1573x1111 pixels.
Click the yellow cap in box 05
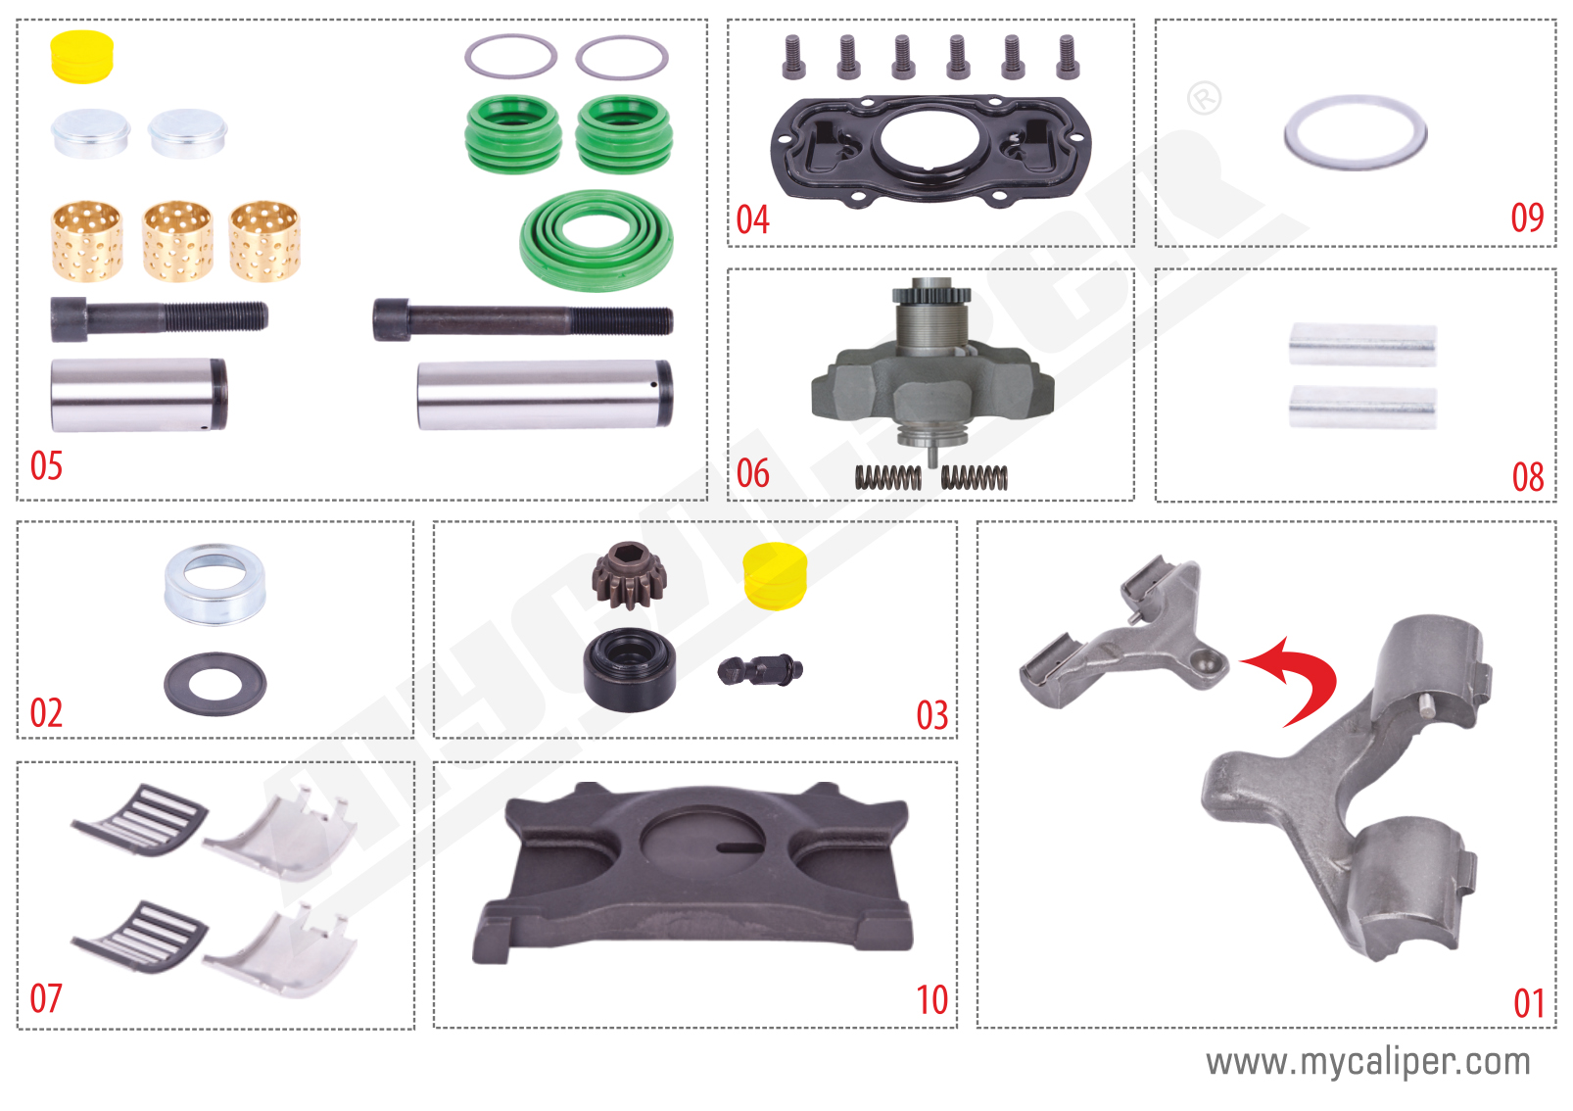[x=82, y=57]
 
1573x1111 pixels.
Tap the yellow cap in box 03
[x=775, y=576]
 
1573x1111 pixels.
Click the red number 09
[x=1527, y=217]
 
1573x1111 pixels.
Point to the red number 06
[x=753, y=473]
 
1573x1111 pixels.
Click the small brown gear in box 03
[x=629, y=575]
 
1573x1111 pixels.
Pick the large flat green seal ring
[x=596, y=240]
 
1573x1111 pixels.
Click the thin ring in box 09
[x=1355, y=132]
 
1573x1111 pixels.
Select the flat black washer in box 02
[x=214, y=683]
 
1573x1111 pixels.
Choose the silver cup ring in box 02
[x=214, y=584]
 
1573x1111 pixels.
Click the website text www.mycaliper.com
[x=1367, y=1062]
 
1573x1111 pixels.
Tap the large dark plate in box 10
[x=693, y=872]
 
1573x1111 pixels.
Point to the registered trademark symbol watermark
[x=1204, y=98]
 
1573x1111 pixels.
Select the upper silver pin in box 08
[x=1362, y=345]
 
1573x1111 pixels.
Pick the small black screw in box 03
[x=760, y=670]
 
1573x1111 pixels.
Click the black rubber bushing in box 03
[x=629, y=669]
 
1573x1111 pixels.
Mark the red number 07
[x=46, y=998]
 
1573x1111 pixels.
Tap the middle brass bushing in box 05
[x=177, y=241]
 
